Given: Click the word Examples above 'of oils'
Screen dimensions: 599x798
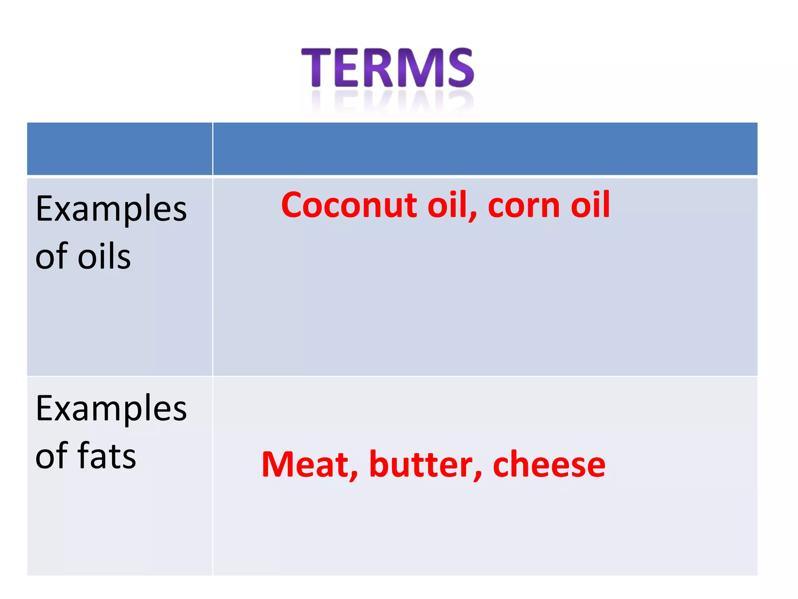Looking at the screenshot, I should pos(111,210).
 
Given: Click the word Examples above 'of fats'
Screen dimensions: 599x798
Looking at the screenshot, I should pos(111,409).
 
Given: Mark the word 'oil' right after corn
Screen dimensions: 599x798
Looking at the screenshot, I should pos(590,205).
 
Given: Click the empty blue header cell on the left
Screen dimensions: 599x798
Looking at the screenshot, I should pos(120,149).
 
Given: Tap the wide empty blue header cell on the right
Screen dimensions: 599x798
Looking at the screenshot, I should pos(485,149).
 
